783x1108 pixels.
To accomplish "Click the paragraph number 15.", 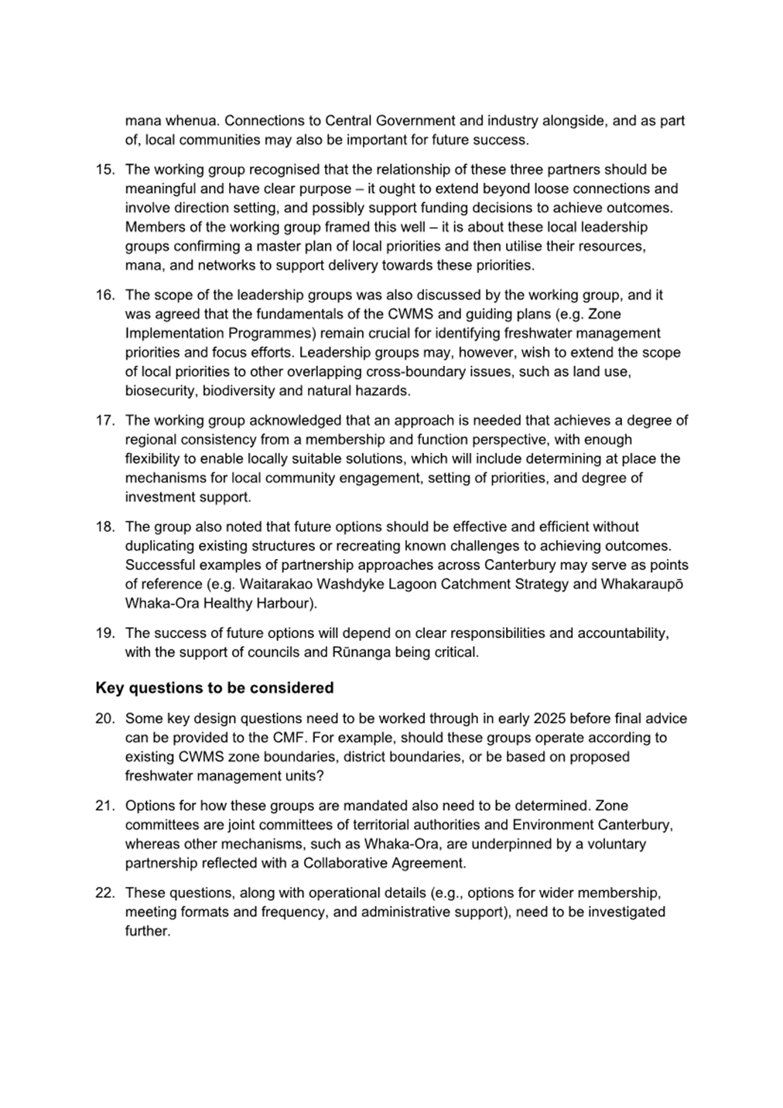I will pos(104,169).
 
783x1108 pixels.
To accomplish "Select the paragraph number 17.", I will pos(104,421).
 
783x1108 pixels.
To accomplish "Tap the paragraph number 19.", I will pos(104,633).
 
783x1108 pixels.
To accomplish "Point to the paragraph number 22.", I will pos(104,893).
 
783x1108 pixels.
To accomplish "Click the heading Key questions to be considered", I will pos(214,687).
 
